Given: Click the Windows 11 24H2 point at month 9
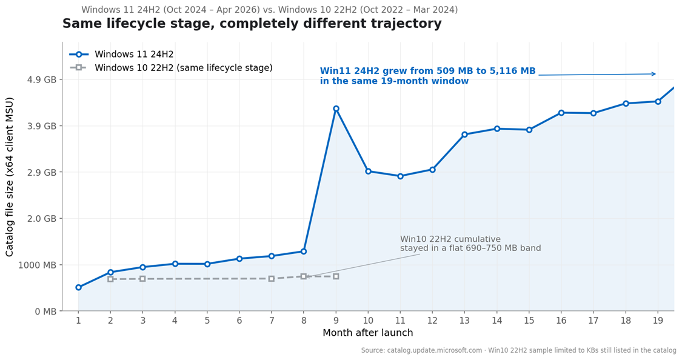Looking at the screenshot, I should click(x=336, y=108).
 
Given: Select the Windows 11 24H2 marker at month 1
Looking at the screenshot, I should click(x=78, y=287).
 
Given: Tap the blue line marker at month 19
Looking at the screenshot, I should click(x=658, y=101).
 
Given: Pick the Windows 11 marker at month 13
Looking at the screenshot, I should click(x=464, y=135).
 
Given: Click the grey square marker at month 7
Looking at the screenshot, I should click(x=271, y=279).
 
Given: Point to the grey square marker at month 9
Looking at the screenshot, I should click(x=336, y=276).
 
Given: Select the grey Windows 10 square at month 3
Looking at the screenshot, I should click(x=142, y=279).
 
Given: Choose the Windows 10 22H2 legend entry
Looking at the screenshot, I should click(x=183, y=68).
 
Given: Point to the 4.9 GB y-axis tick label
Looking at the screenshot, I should click(x=42, y=79).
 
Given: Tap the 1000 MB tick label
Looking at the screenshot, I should click(x=38, y=265).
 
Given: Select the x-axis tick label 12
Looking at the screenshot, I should click(x=432, y=320).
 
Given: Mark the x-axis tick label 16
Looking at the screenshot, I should click(x=561, y=320).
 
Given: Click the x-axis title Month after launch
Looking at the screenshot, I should click(x=367, y=333).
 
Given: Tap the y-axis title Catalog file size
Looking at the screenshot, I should click(x=10, y=176).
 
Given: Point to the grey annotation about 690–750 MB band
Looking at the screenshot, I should click(x=470, y=244).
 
